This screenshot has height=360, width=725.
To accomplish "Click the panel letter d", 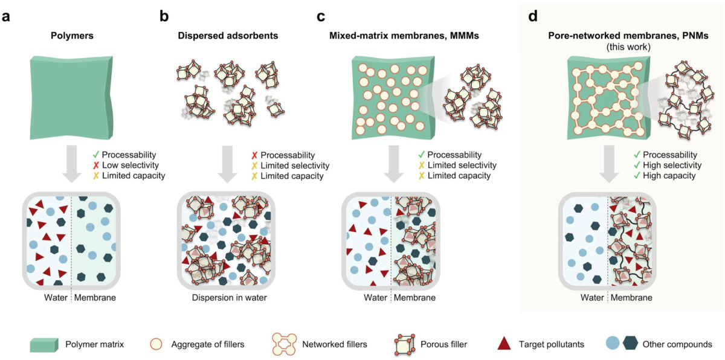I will click(533, 16).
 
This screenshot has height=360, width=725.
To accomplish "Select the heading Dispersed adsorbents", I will click(228, 35).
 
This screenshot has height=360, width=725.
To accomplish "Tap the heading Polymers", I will click(70, 35).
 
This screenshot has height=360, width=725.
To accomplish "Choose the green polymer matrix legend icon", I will click(44, 344).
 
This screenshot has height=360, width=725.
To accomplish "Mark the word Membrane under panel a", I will click(95, 297).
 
